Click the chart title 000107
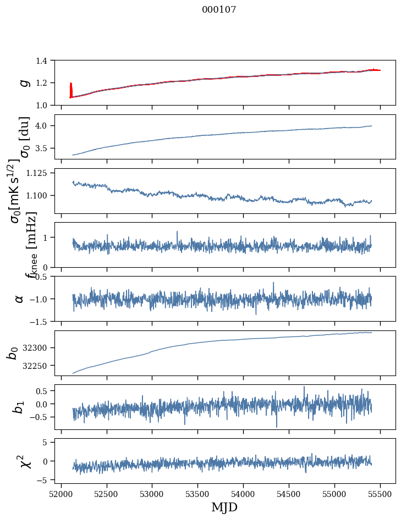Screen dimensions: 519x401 click(219, 10)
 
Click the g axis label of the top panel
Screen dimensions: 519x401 click(23, 82)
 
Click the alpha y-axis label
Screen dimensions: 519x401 click(19, 299)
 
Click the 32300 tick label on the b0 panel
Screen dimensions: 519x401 click(39, 348)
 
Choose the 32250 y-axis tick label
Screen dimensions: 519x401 click(39, 366)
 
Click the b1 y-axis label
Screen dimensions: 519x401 click(19, 407)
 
